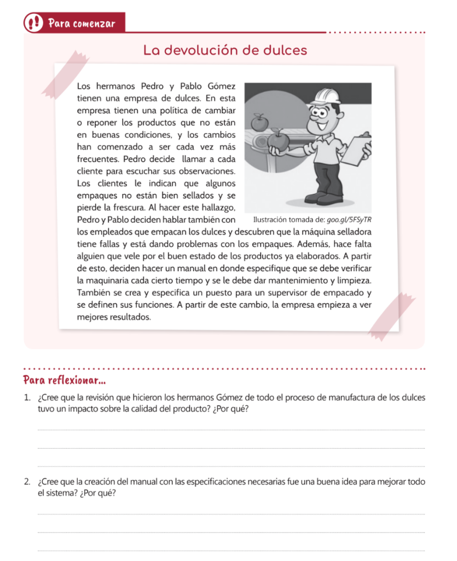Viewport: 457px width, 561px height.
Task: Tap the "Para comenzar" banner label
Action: tap(81, 24)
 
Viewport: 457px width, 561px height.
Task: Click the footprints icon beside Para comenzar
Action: tap(34, 23)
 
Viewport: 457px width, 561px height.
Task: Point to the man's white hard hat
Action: tap(328, 97)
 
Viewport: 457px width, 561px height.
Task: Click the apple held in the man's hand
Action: tap(278, 140)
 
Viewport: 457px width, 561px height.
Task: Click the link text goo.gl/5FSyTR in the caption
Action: tap(349, 220)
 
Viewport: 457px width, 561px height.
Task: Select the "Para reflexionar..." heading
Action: tap(65, 380)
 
